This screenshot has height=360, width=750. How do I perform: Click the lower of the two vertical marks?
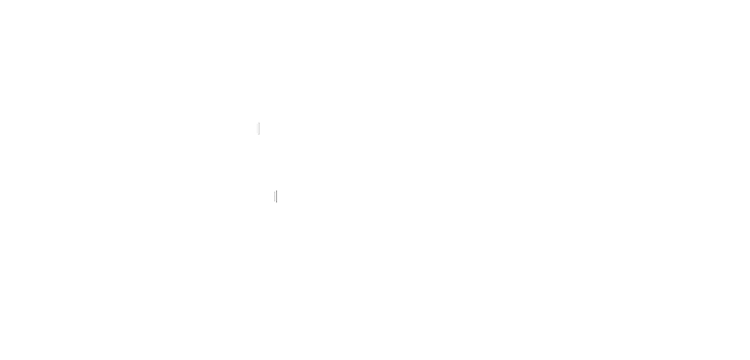point(276,196)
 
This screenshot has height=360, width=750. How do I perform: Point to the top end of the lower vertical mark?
point(276,189)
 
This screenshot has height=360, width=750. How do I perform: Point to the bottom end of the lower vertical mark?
point(276,202)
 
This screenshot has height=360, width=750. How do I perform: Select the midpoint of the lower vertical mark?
point(276,196)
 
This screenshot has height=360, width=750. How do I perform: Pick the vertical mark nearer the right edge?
point(276,196)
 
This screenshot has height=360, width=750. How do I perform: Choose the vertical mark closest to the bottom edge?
point(276,196)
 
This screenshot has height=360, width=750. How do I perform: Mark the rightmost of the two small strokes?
point(276,196)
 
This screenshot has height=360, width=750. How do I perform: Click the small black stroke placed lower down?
point(276,196)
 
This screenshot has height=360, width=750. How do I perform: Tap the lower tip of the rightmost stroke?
point(276,202)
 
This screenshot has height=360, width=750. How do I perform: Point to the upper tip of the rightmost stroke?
point(276,189)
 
